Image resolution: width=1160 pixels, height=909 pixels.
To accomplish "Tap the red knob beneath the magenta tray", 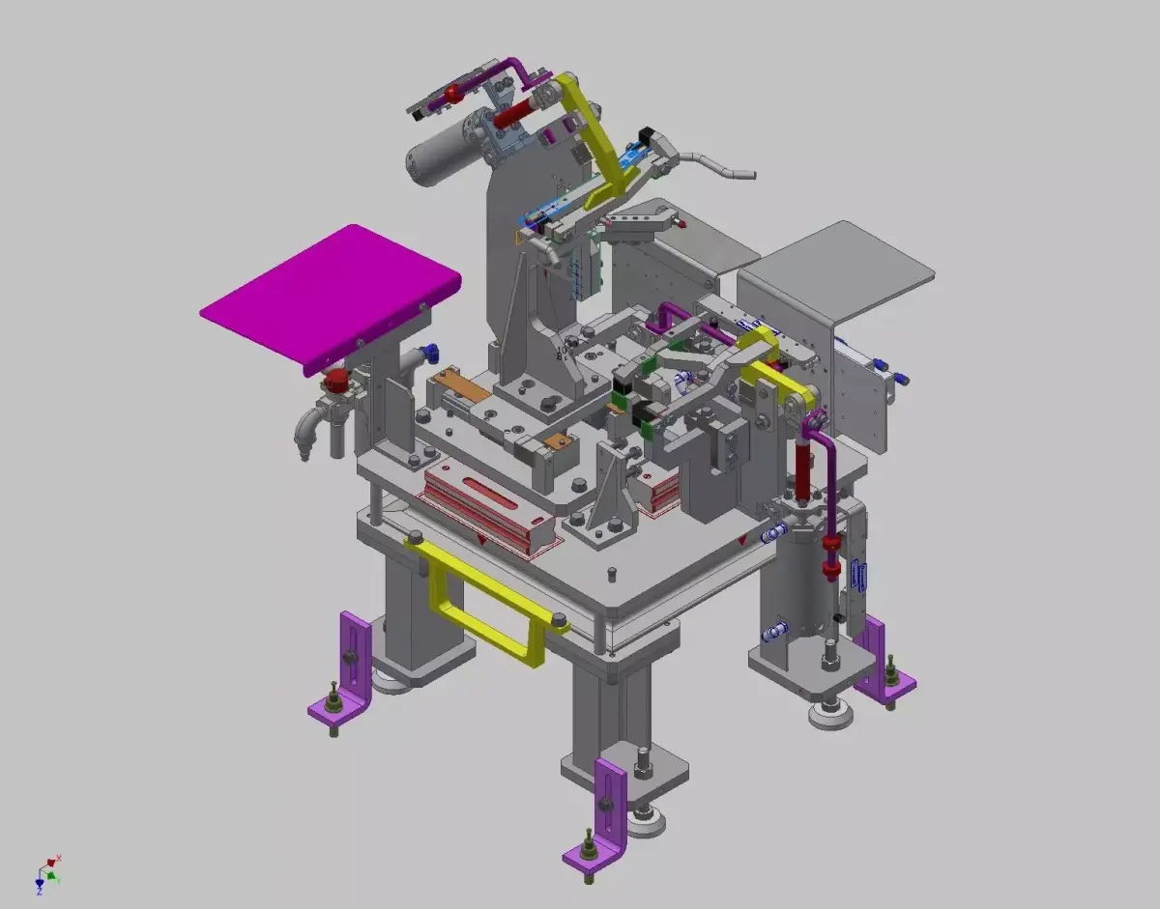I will click(337, 380).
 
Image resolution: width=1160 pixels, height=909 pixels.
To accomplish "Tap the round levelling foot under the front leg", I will click(644, 823).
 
